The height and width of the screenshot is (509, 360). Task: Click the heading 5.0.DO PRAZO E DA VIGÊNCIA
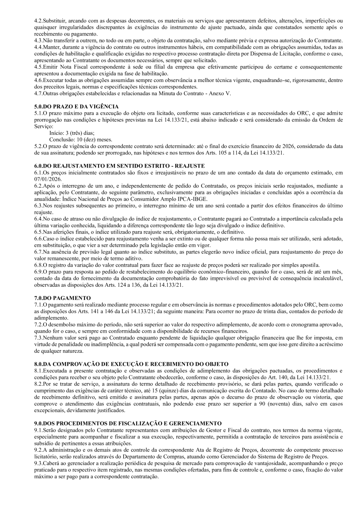(x=76, y=106)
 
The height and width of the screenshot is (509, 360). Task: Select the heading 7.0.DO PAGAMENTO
(x=62, y=298)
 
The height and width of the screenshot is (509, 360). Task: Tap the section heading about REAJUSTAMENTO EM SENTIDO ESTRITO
(x=120, y=166)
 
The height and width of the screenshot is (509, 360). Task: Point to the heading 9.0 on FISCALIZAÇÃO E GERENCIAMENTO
(x=128, y=423)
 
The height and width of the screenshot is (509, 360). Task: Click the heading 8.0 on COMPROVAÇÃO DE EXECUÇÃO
(x=132, y=364)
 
